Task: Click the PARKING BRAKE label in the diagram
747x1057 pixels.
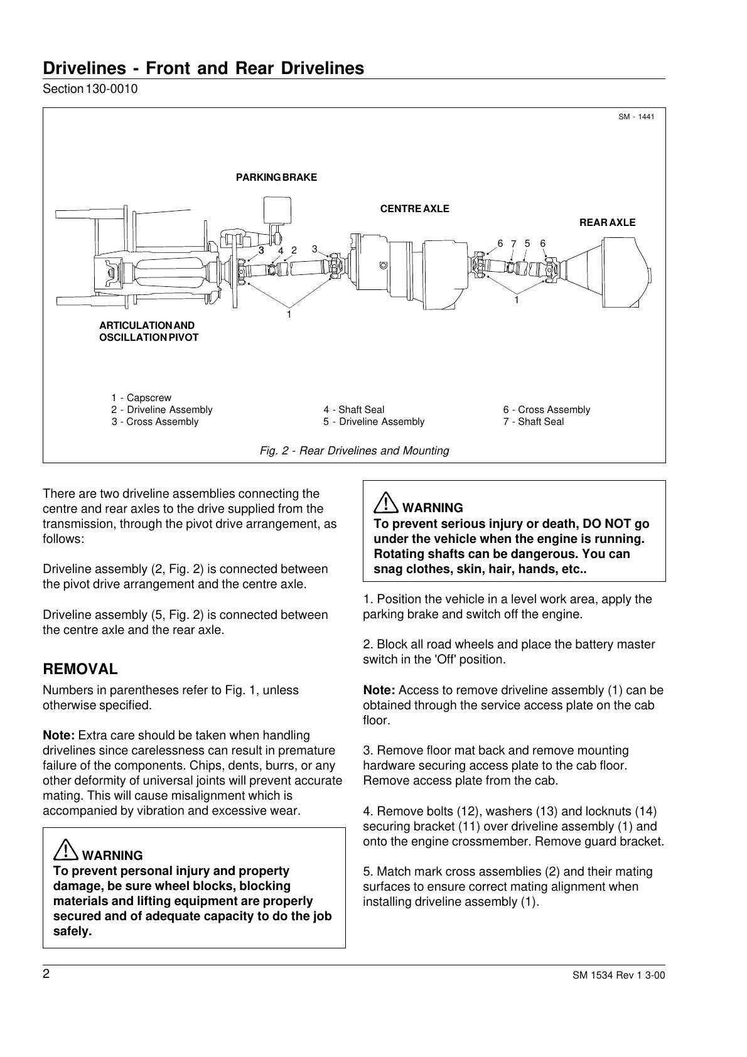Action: pyautogui.click(x=276, y=178)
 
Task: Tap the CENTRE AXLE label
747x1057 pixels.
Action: pyautogui.click(x=415, y=209)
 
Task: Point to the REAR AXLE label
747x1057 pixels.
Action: pyautogui.click(x=606, y=223)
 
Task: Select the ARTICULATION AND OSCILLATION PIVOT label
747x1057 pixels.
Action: pyautogui.click(x=148, y=331)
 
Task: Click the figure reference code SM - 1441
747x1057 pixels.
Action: pyautogui.click(x=636, y=117)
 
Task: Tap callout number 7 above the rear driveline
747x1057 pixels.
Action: pyautogui.click(x=513, y=244)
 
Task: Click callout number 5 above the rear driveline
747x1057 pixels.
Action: pyautogui.click(x=527, y=243)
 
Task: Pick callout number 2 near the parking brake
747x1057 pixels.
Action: pyautogui.click(x=294, y=250)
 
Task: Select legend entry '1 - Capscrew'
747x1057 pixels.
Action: pyautogui.click(x=141, y=398)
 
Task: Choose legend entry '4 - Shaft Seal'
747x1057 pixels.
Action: pyautogui.click(x=354, y=410)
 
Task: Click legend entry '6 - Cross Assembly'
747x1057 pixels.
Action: pyautogui.click(x=546, y=410)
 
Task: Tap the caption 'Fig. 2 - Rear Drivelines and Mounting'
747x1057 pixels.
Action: pyautogui.click(x=355, y=451)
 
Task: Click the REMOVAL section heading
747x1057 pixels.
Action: pyautogui.click(x=80, y=669)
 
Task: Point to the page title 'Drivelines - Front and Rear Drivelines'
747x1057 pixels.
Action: pyautogui.click(x=203, y=68)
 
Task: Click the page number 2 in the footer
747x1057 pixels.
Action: pyautogui.click(x=46, y=974)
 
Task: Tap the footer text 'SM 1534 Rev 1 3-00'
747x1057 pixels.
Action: pyautogui.click(x=618, y=975)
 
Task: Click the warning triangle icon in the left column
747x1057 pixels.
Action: pyautogui.click(x=65, y=851)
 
